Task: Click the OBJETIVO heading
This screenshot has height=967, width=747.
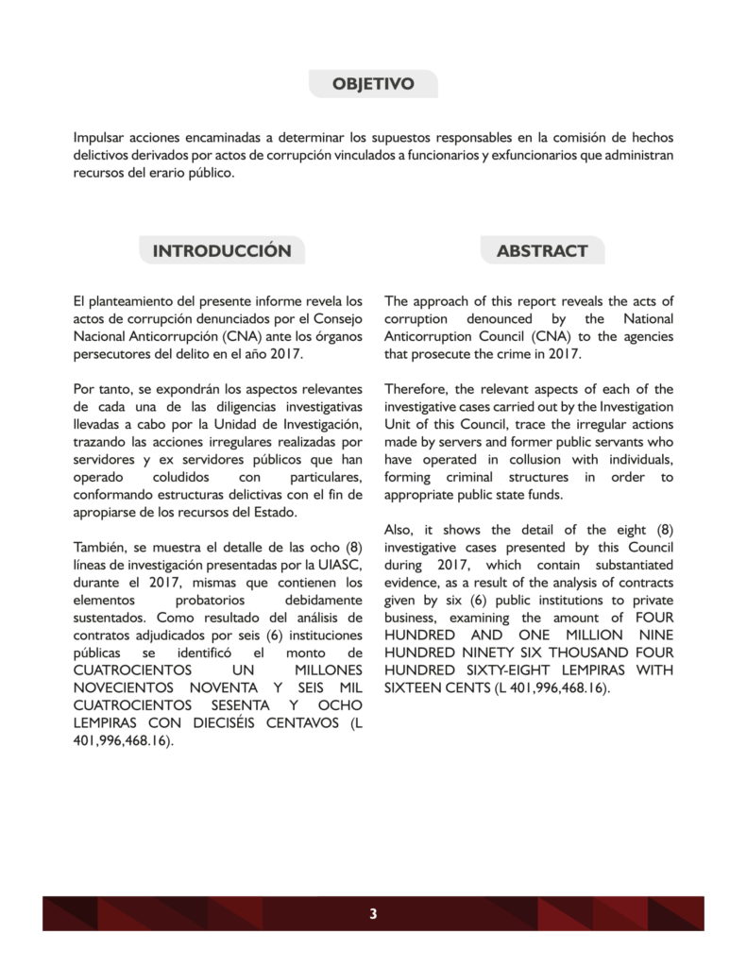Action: [x=373, y=84]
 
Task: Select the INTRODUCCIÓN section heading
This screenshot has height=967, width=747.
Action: [x=222, y=251]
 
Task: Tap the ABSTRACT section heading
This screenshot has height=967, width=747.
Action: [x=541, y=251]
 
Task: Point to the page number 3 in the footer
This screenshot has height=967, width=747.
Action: [x=373, y=913]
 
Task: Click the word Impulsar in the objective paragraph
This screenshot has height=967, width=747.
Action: [x=100, y=138]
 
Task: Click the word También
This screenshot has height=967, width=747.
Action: [x=99, y=547]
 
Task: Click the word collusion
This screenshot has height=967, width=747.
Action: [x=523, y=459]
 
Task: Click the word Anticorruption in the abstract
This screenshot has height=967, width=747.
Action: [x=430, y=337]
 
